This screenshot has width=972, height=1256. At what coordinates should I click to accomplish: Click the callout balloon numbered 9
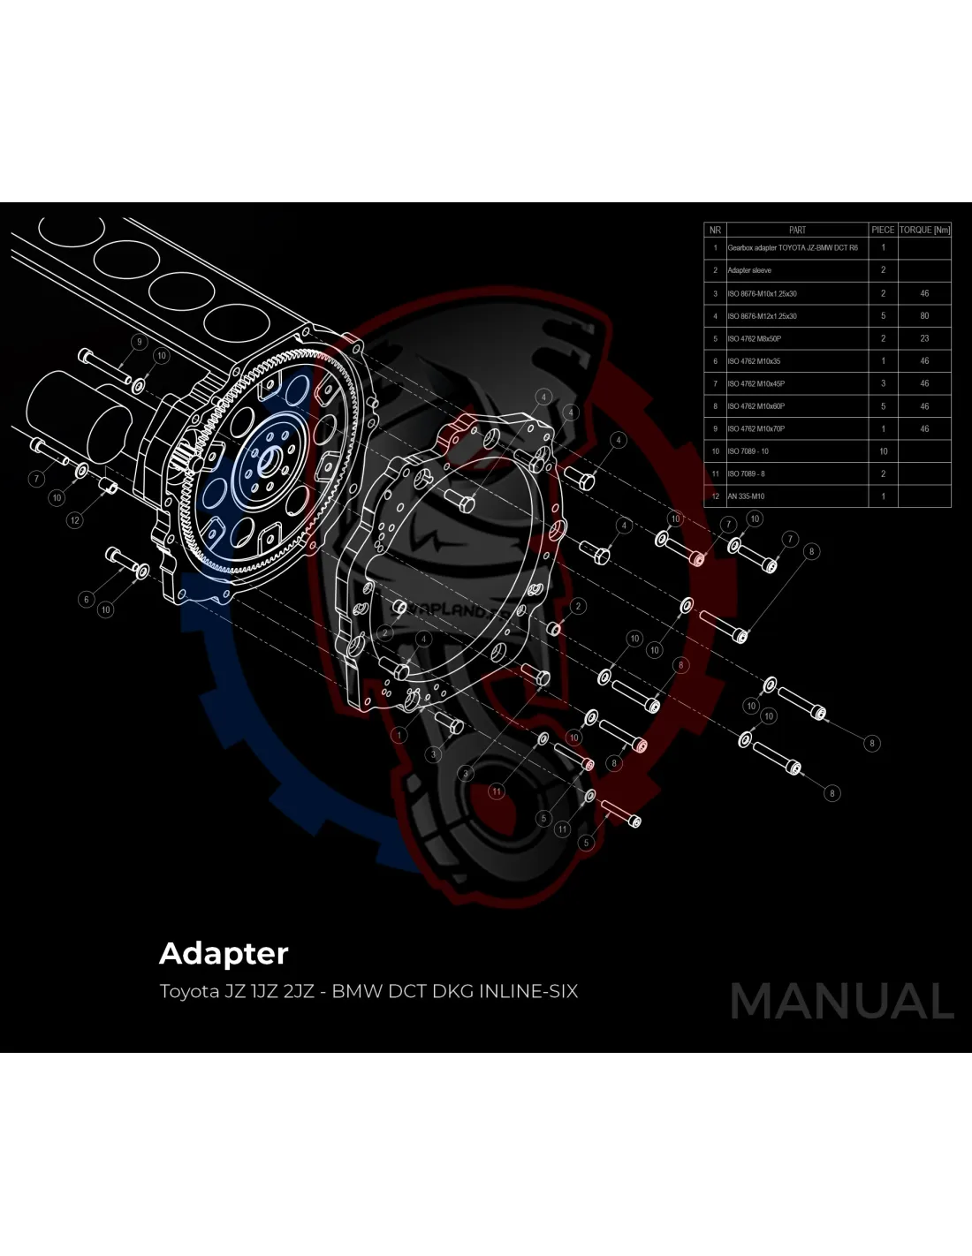pos(138,342)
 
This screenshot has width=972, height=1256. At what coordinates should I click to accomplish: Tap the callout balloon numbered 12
pos(75,520)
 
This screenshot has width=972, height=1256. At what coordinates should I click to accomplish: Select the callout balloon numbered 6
pos(86,600)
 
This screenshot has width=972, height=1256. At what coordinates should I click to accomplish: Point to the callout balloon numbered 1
pos(399,734)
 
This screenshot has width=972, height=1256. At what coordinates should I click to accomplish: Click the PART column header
pos(797,230)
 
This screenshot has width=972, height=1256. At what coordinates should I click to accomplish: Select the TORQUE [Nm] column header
pos(924,230)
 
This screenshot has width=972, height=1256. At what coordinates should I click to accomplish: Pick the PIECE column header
pos(883,230)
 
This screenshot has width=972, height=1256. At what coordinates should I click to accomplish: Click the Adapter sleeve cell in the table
pos(749,270)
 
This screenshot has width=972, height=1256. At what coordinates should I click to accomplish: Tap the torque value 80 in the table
pos(924,315)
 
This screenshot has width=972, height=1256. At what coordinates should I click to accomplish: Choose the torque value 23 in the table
pos(924,338)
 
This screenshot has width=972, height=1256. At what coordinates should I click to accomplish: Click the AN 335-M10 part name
pos(747,496)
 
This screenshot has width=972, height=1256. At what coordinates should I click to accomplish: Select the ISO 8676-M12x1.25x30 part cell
pos(762,315)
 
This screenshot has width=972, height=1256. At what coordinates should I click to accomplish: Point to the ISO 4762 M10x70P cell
pos(756,428)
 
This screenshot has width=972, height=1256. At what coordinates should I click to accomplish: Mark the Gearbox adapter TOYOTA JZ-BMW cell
pos(792,248)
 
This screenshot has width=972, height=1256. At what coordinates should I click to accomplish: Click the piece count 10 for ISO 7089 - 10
pos(883,451)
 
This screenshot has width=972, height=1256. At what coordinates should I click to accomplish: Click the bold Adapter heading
pos(224,954)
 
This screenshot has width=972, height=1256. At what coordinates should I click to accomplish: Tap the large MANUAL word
pos(842,1002)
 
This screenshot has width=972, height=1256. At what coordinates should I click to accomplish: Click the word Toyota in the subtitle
pos(189,991)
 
